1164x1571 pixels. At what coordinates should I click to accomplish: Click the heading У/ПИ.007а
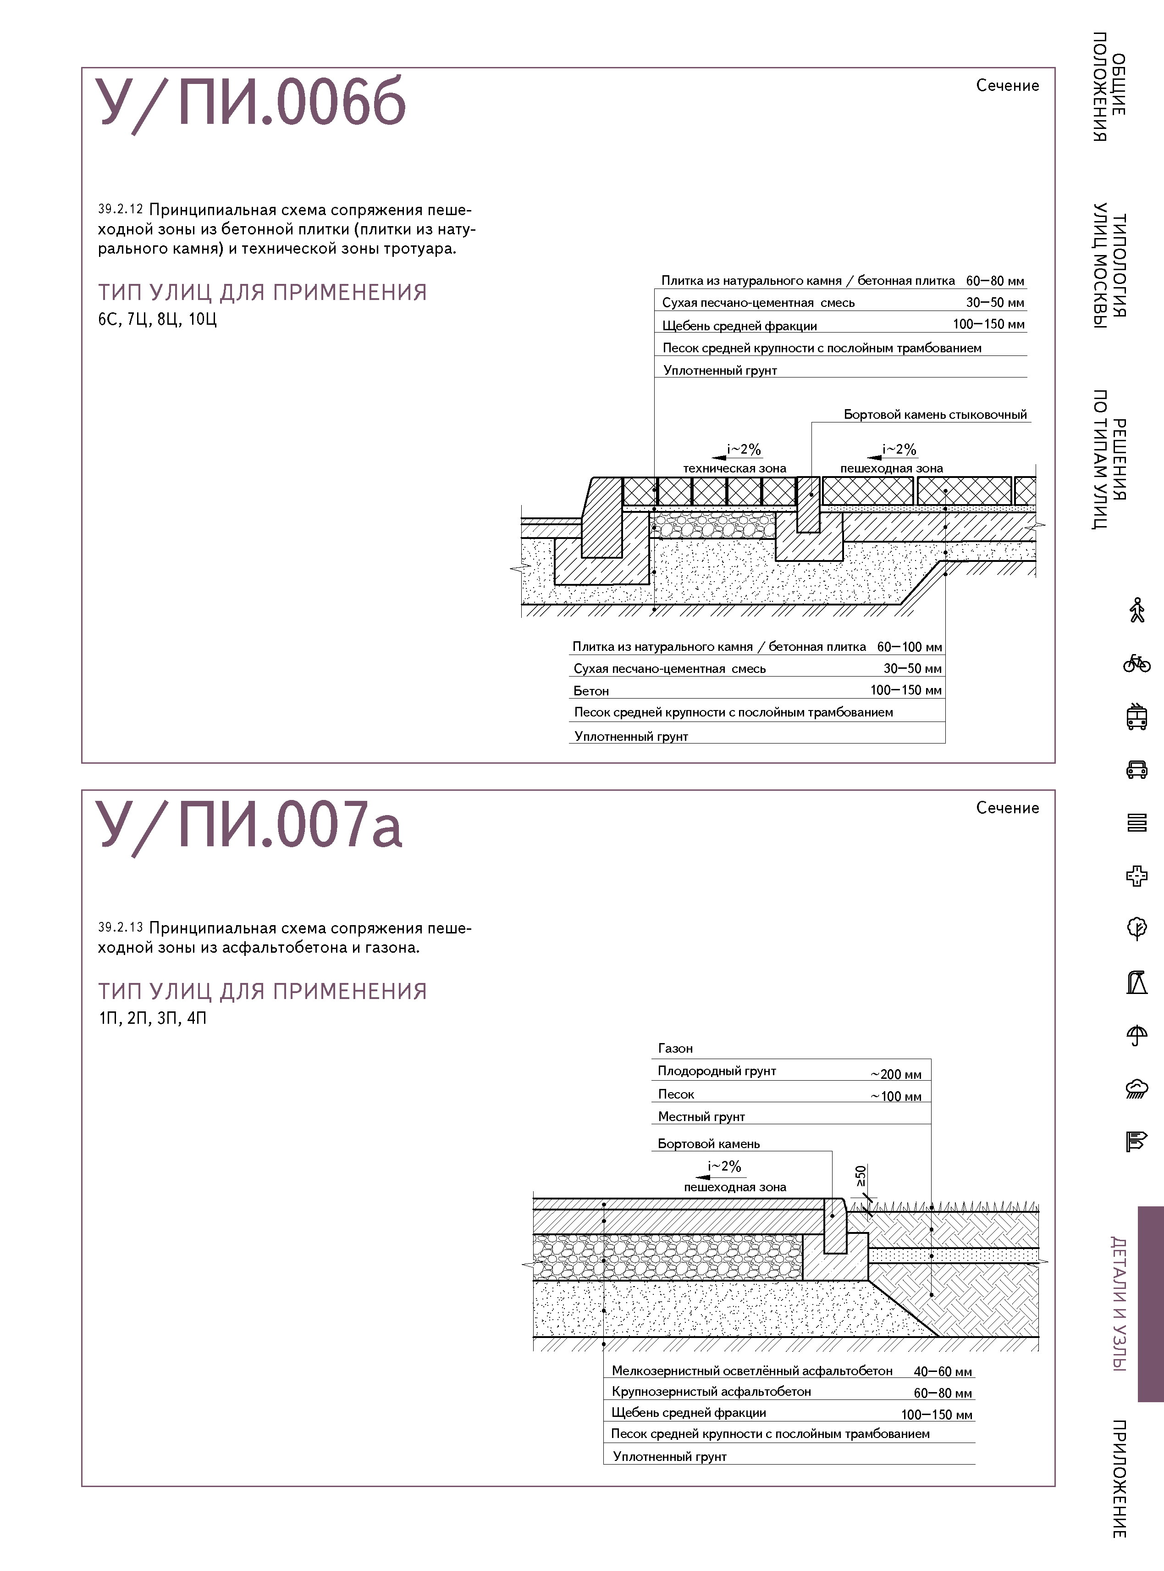coord(248,825)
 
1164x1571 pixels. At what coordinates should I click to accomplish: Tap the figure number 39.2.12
coord(121,209)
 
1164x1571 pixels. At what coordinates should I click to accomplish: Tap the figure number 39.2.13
coord(121,927)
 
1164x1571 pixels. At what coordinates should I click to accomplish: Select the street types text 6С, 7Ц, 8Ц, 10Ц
coord(157,319)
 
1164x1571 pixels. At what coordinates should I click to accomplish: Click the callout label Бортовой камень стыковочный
coord(935,414)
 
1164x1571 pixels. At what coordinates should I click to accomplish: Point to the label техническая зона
coord(734,468)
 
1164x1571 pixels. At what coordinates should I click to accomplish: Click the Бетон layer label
coord(590,691)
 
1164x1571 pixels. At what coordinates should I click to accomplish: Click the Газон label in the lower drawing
coord(675,1048)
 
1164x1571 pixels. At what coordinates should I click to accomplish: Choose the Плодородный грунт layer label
coord(717,1071)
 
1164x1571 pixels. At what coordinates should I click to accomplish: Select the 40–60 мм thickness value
coord(942,1371)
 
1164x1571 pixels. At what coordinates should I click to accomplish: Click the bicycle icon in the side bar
coord(1136,663)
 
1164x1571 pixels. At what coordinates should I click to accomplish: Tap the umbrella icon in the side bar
coord(1136,1035)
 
